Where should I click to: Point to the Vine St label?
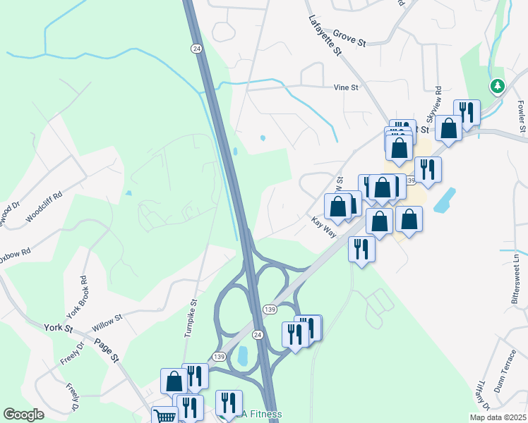347,88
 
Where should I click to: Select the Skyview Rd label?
433,104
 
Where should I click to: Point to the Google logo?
23,415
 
